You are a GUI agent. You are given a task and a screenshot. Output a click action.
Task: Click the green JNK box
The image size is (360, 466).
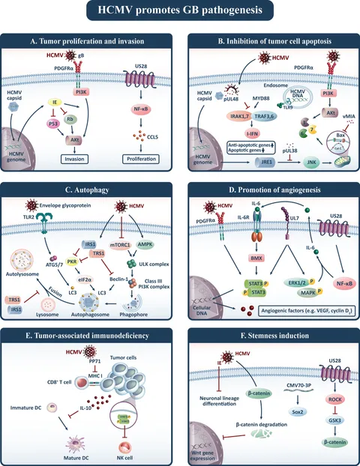click(x=304, y=160)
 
